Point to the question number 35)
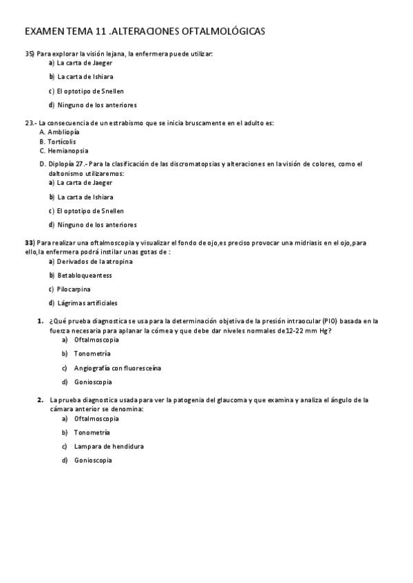pos(30,53)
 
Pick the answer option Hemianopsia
pos(68,151)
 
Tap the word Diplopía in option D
pos(62,164)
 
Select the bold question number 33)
pos(30,243)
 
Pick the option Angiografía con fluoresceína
pos(117,368)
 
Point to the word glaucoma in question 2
pos(216,399)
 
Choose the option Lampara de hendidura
pos(109,446)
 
